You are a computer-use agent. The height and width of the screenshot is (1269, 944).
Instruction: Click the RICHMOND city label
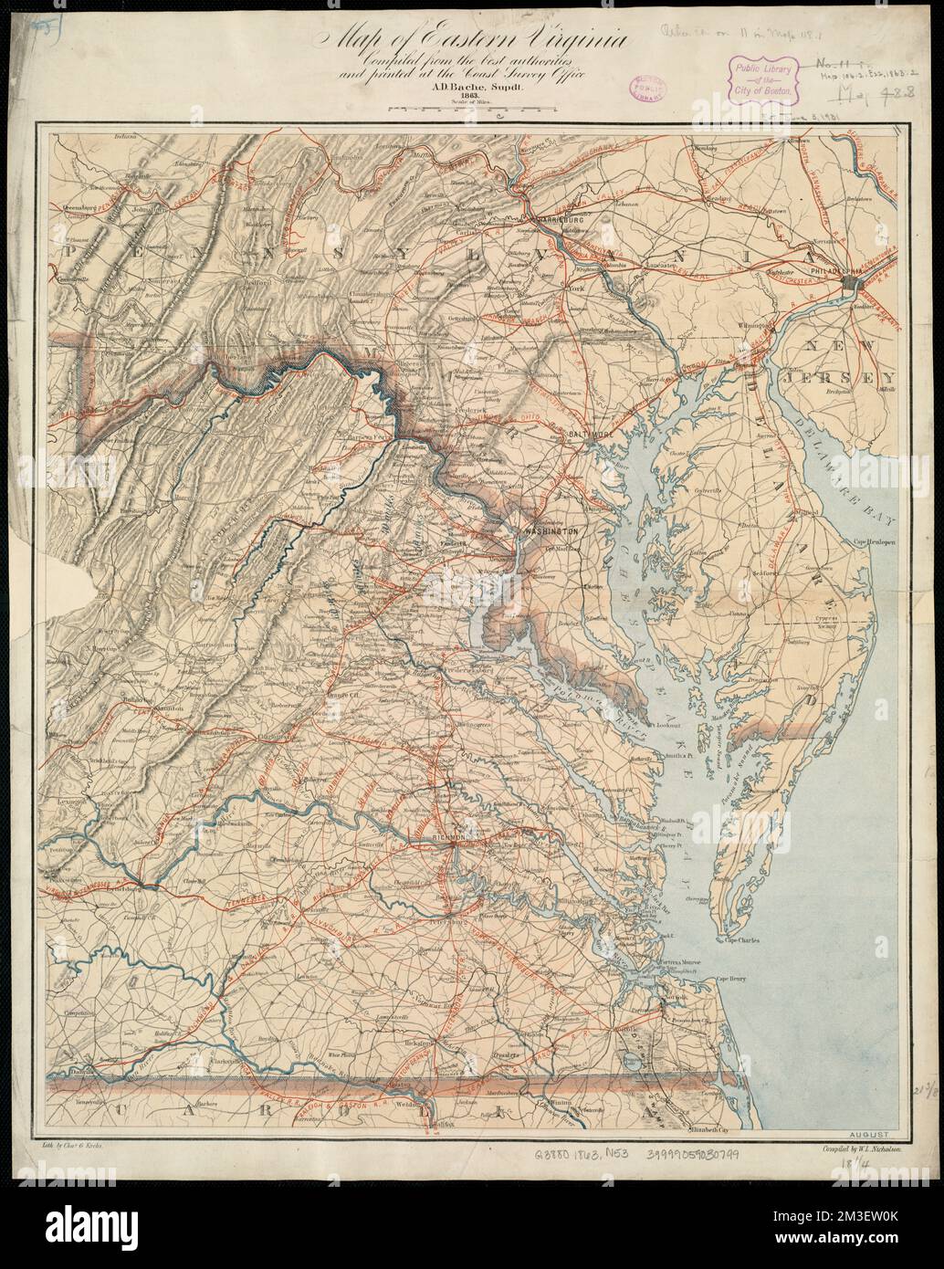[447, 836]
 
